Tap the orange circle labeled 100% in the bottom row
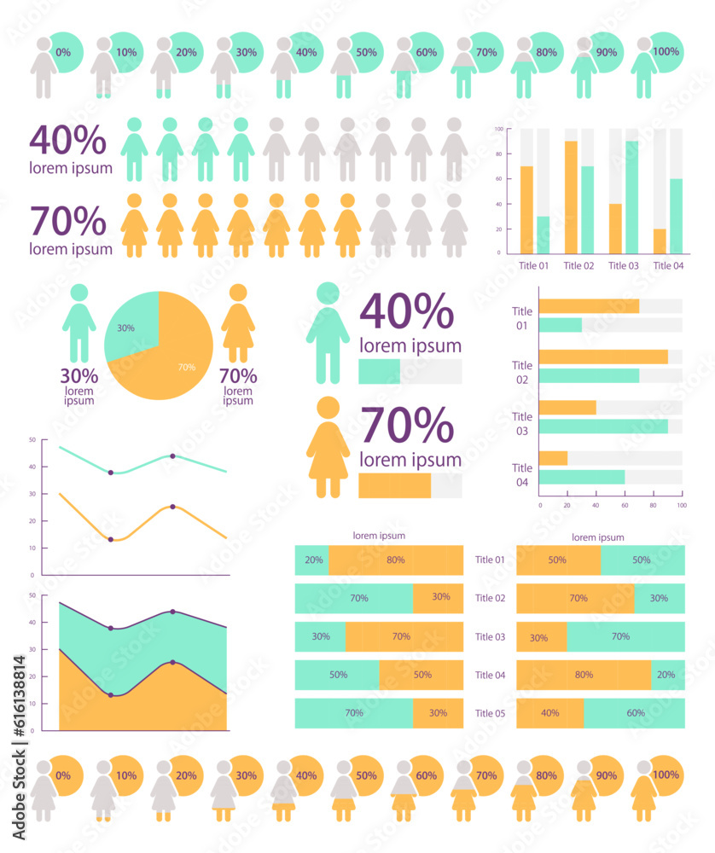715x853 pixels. click(666, 775)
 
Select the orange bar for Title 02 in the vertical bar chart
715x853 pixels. click(571, 197)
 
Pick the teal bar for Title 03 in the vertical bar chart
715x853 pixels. click(632, 197)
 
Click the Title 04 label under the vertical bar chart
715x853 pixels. click(668, 265)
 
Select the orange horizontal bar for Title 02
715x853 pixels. click(603, 357)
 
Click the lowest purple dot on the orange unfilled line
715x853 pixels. click(111, 539)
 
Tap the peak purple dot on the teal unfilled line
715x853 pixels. click(173, 456)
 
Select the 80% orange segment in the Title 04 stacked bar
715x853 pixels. click(584, 675)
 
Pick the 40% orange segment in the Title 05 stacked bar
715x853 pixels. click(550, 713)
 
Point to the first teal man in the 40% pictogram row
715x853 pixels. click(134, 149)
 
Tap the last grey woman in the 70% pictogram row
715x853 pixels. click(454, 225)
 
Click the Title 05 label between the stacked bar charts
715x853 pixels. click(490, 713)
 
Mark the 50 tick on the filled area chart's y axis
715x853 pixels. click(32, 595)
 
